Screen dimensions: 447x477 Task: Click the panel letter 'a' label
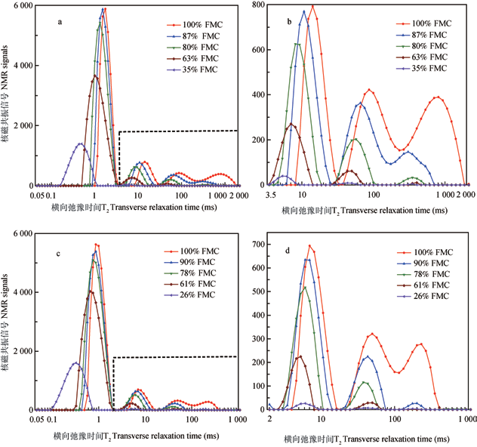60,23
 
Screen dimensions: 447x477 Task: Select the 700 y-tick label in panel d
257,245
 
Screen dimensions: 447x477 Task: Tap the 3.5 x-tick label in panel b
270,195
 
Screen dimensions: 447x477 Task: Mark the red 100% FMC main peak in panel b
312,6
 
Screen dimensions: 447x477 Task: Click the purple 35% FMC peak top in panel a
81,143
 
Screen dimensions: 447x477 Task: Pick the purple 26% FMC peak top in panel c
75,363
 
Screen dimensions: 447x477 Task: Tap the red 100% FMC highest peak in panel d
309,245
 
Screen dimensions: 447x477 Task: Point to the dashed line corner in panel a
119,132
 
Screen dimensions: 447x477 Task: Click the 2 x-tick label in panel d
269,418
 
